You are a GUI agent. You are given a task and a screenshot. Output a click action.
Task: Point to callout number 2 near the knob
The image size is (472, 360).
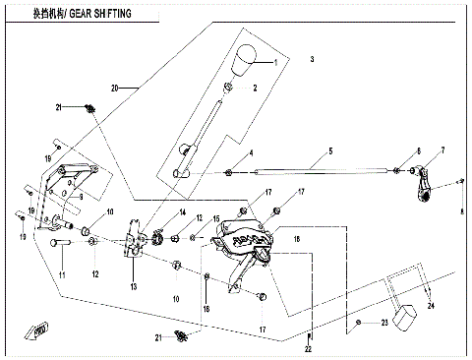coord(255,88)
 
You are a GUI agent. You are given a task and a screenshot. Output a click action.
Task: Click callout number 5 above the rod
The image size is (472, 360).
coord(330,150)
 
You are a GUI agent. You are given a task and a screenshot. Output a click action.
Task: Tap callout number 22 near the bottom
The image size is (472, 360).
coord(308,349)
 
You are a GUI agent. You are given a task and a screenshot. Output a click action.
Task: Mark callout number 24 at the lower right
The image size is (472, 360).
coord(429,306)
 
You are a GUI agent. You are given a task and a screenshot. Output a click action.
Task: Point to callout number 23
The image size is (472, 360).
coord(385,322)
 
